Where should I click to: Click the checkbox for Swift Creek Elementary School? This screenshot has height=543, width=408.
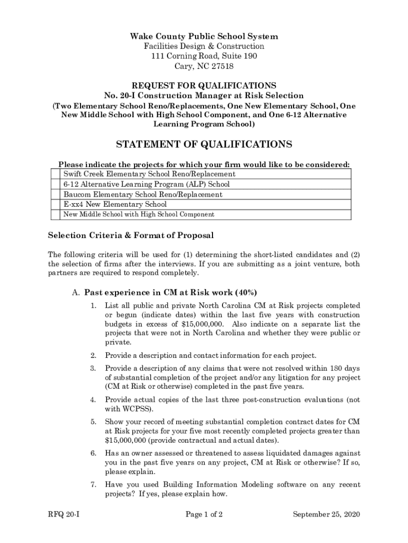55,174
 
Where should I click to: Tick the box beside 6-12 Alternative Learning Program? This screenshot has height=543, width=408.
55,185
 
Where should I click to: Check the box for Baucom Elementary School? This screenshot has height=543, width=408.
55,195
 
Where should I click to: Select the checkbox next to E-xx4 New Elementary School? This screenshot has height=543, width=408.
55,205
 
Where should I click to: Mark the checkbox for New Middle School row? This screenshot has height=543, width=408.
55,215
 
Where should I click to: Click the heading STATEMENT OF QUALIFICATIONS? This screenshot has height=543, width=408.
204,145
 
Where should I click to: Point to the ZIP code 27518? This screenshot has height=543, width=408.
221,66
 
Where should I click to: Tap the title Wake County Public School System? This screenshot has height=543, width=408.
204,37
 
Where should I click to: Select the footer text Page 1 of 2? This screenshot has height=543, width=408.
204,514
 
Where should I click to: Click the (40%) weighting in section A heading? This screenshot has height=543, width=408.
244,292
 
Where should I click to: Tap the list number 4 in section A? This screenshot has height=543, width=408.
93,399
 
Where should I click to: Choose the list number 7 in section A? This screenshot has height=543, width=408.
93,485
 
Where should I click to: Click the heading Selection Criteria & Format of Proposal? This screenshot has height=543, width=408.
131,235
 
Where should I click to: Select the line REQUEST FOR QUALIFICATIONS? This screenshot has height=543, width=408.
204,85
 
